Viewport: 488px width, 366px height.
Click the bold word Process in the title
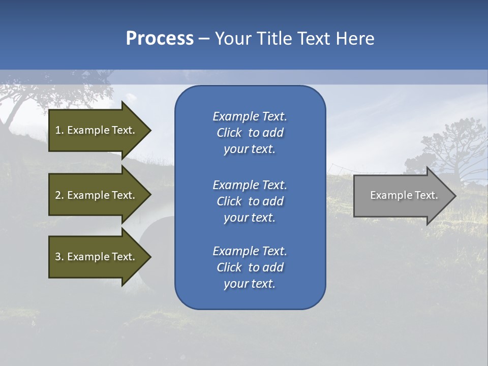click(x=160, y=39)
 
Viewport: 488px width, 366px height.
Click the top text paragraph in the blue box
click(x=250, y=133)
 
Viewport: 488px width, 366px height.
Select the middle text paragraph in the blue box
click(x=250, y=201)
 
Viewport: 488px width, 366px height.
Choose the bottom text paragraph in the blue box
click(x=250, y=267)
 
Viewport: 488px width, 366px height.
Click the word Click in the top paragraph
click(x=229, y=133)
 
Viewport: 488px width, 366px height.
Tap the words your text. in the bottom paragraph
click(x=250, y=284)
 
